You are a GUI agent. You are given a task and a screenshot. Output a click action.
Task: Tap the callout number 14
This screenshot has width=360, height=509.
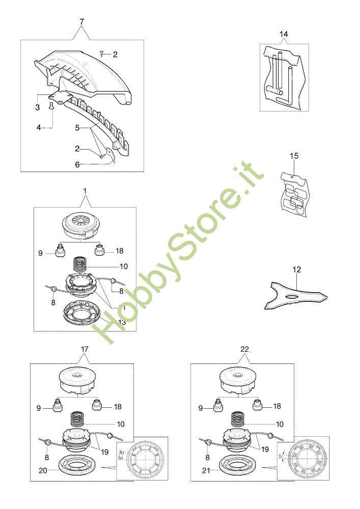284,34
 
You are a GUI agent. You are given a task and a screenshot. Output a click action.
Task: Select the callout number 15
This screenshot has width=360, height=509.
294,155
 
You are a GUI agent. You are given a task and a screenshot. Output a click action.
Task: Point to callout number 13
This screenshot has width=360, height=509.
122,322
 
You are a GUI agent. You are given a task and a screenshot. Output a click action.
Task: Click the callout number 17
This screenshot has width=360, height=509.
85,349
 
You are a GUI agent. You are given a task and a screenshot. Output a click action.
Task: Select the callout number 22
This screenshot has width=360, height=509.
244,349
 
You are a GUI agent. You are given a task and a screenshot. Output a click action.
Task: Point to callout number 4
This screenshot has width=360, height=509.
38,127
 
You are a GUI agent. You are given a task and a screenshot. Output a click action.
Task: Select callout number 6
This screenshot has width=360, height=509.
77,164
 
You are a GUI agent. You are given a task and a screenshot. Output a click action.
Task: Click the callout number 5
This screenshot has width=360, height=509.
77,127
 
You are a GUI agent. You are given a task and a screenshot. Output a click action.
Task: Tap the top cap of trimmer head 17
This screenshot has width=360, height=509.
78,380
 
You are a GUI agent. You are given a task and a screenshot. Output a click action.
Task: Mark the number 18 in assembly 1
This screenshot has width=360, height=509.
119,251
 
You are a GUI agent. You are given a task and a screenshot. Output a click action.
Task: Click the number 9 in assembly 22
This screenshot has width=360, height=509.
200,408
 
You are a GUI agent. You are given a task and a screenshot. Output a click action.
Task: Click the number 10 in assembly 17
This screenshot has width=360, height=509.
121,423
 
